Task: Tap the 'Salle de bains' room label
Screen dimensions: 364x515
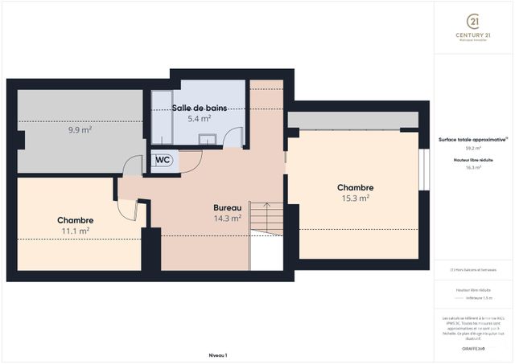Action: click(199, 108)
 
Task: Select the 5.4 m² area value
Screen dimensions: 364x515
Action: click(199, 118)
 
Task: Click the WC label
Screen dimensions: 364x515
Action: click(163, 160)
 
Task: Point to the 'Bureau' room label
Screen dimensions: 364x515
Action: click(227, 207)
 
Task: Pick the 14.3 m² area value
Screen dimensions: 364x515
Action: click(227, 218)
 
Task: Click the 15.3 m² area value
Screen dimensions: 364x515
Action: click(355, 198)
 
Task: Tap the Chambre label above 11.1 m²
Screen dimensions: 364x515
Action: click(76, 220)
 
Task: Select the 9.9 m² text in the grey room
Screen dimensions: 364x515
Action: click(79, 129)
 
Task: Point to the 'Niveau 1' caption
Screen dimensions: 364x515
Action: click(218, 354)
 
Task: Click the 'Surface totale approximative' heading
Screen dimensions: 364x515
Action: click(472, 138)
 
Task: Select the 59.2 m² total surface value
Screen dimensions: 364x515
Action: click(473, 148)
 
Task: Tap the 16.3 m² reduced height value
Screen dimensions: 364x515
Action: click(473, 168)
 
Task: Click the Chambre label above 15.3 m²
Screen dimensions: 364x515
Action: click(355, 187)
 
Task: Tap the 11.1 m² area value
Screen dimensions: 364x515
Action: click(76, 231)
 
